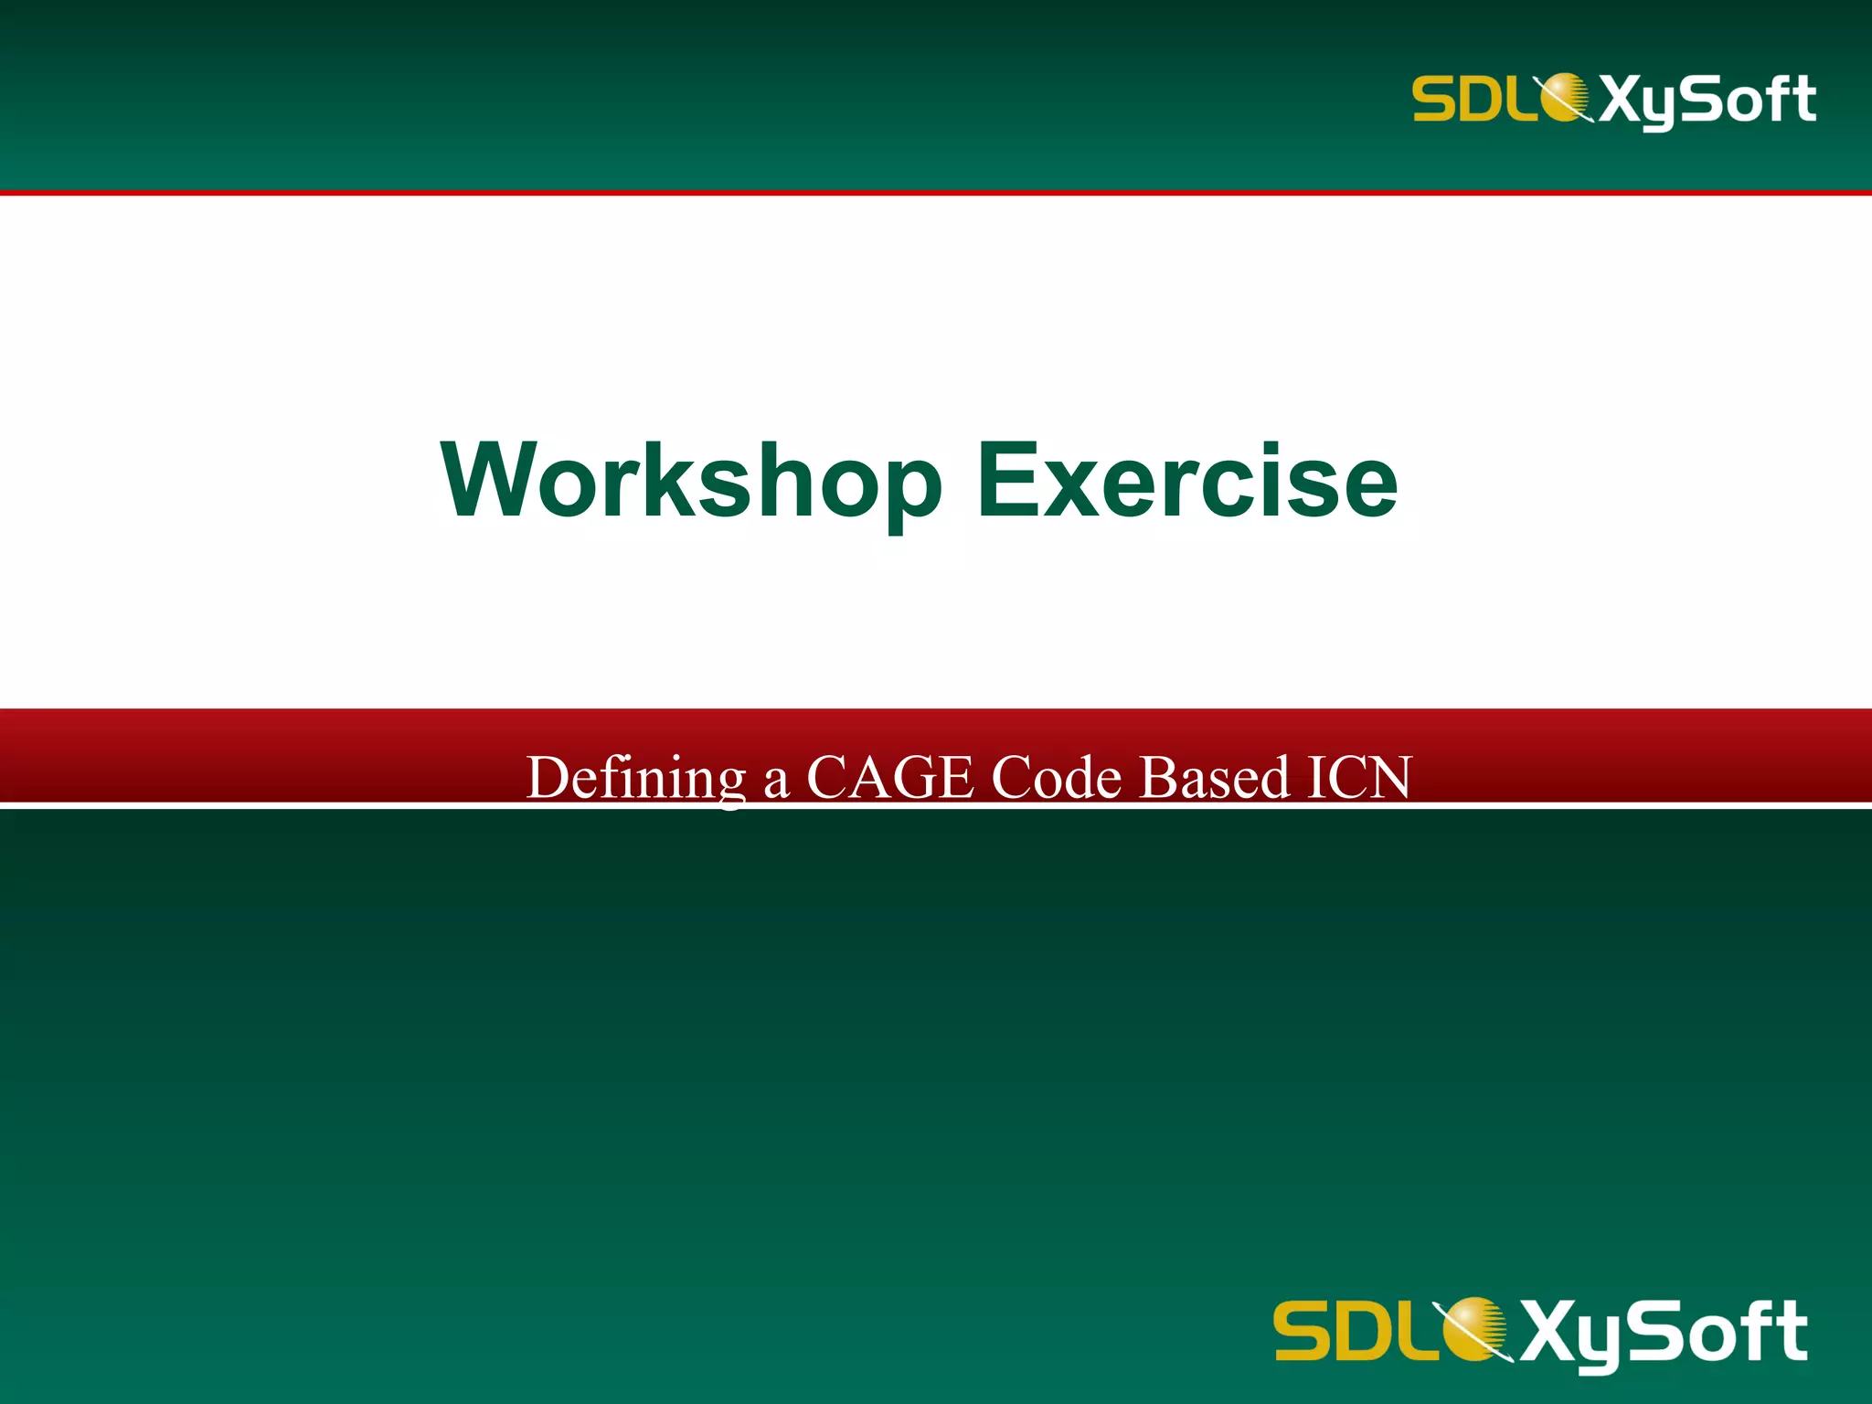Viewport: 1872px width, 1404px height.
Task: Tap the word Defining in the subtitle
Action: tap(636, 778)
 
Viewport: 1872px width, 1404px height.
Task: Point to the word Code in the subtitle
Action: tap(1056, 778)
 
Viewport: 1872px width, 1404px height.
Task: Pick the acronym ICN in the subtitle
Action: tap(1359, 778)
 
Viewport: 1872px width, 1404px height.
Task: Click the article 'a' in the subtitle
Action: tap(776, 782)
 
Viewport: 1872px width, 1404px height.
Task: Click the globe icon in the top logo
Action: tap(1565, 97)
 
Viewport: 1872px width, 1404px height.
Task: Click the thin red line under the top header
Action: tap(936, 193)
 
